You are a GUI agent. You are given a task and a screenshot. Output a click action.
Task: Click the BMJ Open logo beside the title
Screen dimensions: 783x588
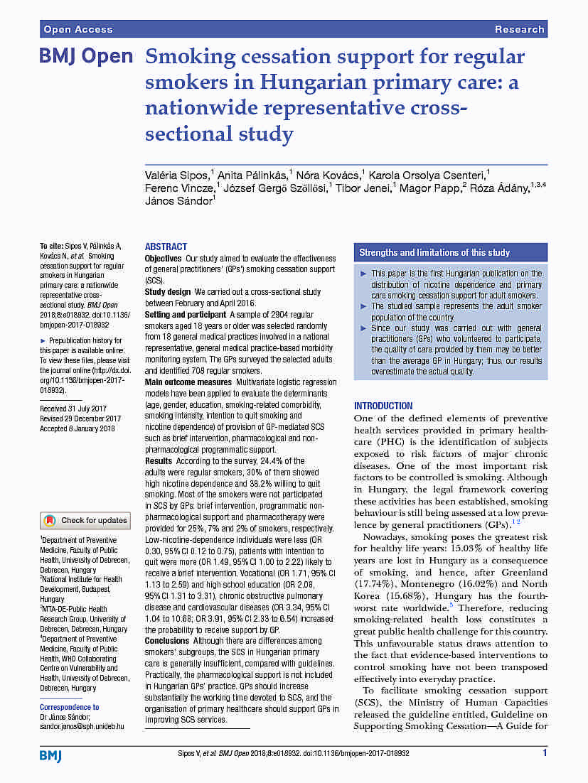(x=85, y=57)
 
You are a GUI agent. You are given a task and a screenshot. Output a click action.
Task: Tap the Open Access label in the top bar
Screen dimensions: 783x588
(x=78, y=29)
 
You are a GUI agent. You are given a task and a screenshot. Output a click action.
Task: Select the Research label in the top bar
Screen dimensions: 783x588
(x=519, y=29)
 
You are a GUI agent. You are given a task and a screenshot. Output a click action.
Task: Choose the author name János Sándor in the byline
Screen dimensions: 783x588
(x=178, y=201)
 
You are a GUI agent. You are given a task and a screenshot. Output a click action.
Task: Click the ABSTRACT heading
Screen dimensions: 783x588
(x=166, y=247)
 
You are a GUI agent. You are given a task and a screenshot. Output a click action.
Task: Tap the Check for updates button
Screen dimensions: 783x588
(x=85, y=520)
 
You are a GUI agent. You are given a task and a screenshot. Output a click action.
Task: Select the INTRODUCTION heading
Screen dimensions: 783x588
(x=383, y=406)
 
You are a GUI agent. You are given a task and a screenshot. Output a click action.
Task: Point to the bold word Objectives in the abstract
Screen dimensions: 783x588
(x=164, y=258)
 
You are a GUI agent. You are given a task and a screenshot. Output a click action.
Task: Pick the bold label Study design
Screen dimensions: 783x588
(x=168, y=292)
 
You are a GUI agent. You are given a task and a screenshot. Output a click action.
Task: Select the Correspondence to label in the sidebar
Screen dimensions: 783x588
(x=70, y=708)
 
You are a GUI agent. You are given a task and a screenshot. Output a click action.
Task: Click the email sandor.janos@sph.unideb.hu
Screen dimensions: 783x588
(x=82, y=727)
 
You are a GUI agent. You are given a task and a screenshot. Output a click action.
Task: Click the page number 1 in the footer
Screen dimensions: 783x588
(x=545, y=753)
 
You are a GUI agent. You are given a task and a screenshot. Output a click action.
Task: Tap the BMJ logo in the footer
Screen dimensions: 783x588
(x=50, y=755)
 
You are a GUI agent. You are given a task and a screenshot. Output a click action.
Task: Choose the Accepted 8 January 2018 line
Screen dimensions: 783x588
(x=77, y=428)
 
